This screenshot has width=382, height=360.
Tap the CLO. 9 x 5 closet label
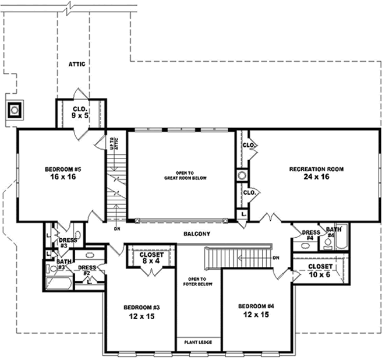click(x=80, y=112)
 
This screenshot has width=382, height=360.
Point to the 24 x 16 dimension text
click(x=316, y=177)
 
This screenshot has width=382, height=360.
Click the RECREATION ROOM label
click(x=316, y=169)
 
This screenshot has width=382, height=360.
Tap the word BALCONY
click(x=196, y=234)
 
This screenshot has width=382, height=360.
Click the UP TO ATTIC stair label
click(x=114, y=144)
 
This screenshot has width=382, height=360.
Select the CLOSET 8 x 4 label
click(x=151, y=257)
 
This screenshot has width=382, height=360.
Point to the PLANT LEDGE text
click(x=199, y=342)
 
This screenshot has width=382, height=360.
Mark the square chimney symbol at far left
click(x=13, y=109)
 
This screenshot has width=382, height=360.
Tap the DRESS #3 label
click(x=69, y=242)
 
